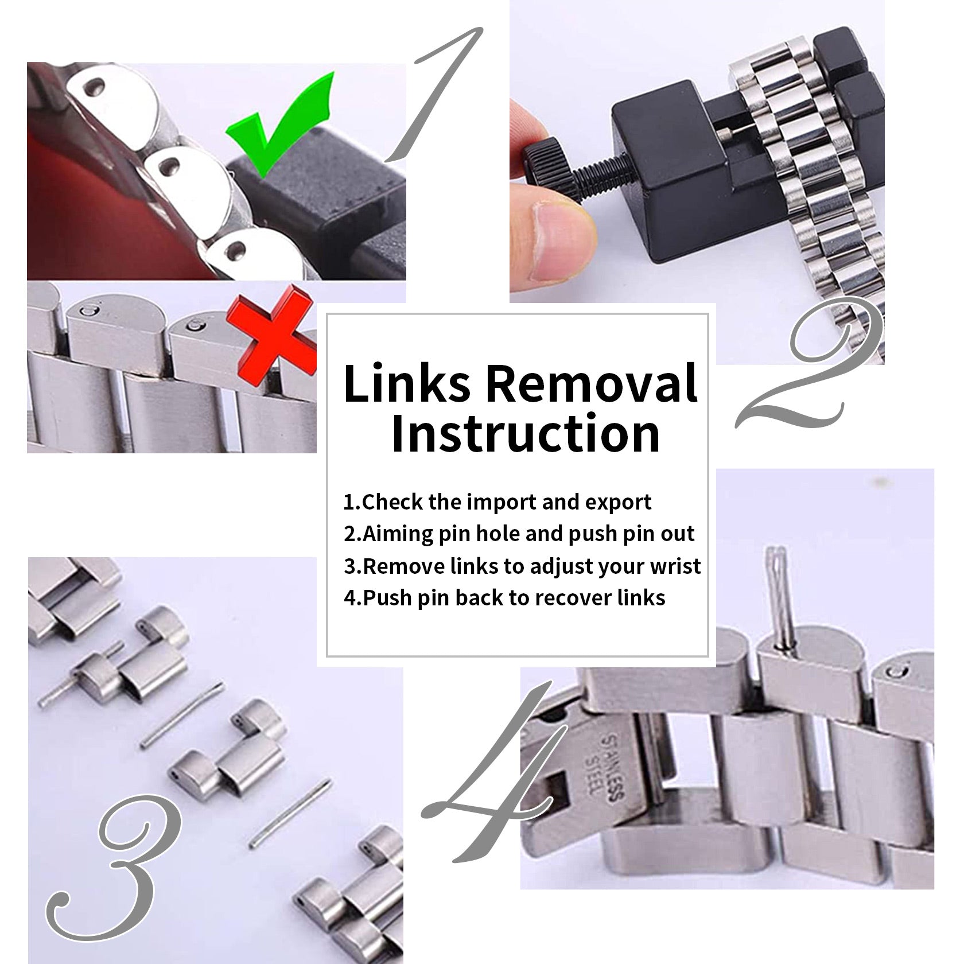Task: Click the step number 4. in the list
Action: click(x=351, y=598)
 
